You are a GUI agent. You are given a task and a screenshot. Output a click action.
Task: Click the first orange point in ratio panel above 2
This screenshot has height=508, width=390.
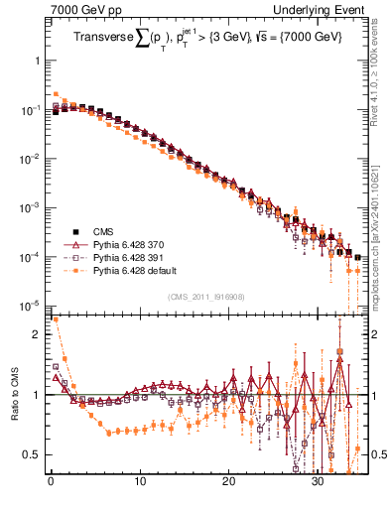[55, 319]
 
